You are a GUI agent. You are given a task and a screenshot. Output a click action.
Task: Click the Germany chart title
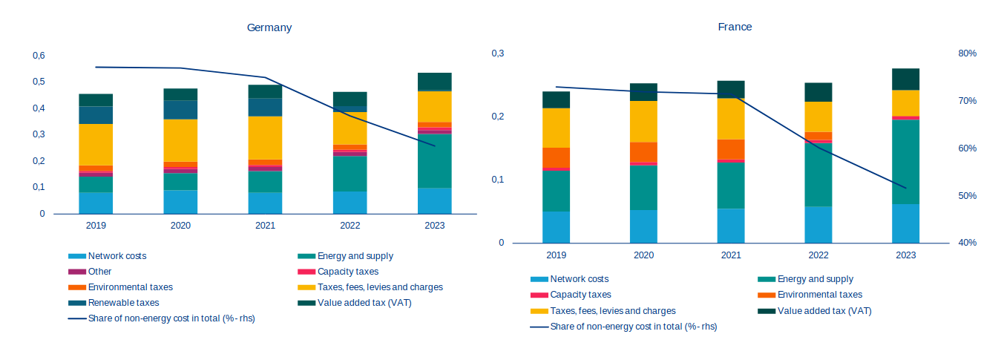pyautogui.click(x=269, y=27)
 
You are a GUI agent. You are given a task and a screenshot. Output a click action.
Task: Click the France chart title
pyautogui.click(x=735, y=27)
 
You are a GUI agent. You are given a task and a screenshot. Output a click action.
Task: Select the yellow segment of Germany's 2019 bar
pyautogui.click(x=96, y=145)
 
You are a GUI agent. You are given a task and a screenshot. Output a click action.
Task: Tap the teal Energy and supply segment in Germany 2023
pyautogui.click(x=435, y=161)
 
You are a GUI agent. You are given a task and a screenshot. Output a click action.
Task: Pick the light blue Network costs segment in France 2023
pyautogui.click(x=905, y=223)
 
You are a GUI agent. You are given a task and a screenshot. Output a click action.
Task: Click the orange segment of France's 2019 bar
pyautogui.click(x=556, y=157)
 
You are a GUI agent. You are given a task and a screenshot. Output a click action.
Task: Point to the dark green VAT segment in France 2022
pyautogui.click(x=818, y=92)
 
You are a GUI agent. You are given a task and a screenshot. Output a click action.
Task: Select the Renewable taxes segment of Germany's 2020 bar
pyautogui.click(x=180, y=110)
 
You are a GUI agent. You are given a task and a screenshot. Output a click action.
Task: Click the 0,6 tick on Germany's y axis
pyautogui.click(x=39, y=56)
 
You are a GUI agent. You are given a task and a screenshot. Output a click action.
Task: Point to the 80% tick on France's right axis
pyautogui.click(x=967, y=53)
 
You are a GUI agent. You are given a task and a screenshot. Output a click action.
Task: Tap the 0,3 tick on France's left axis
pyautogui.click(x=497, y=53)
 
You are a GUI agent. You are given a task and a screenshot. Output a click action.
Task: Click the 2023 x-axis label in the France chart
pyautogui.click(x=905, y=255)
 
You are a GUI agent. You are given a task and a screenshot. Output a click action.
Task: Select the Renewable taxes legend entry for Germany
pyautogui.click(x=123, y=303)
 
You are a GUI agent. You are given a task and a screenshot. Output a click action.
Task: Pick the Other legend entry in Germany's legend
pyautogui.click(x=99, y=272)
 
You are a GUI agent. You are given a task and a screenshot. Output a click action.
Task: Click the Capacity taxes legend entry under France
pyautogui.click(x=580, y=295)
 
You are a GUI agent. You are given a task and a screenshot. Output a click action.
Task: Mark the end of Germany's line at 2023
pyautogui.click(x=435, y=145)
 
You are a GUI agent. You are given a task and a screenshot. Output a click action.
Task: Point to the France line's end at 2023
pyautogui.click(x=905, y=188)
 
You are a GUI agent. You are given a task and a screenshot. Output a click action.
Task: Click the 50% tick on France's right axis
pyautogui.click(x=967, y=196)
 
